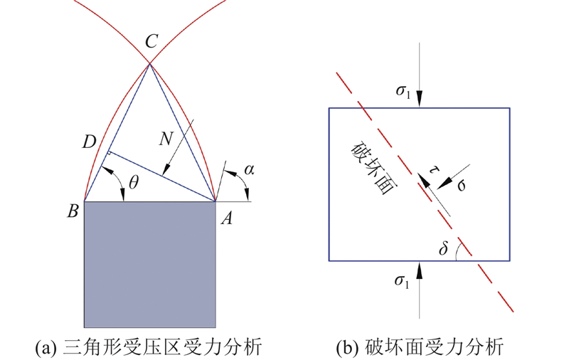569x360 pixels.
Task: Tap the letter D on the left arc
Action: coord(89,142)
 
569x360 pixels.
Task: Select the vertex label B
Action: coord(73,211)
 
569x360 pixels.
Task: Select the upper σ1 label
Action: coord(402,91)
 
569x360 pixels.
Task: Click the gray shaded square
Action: coord(150,263)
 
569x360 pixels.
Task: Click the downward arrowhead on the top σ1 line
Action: coord(420,100)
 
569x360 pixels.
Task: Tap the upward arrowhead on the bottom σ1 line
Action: coord(420,268)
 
